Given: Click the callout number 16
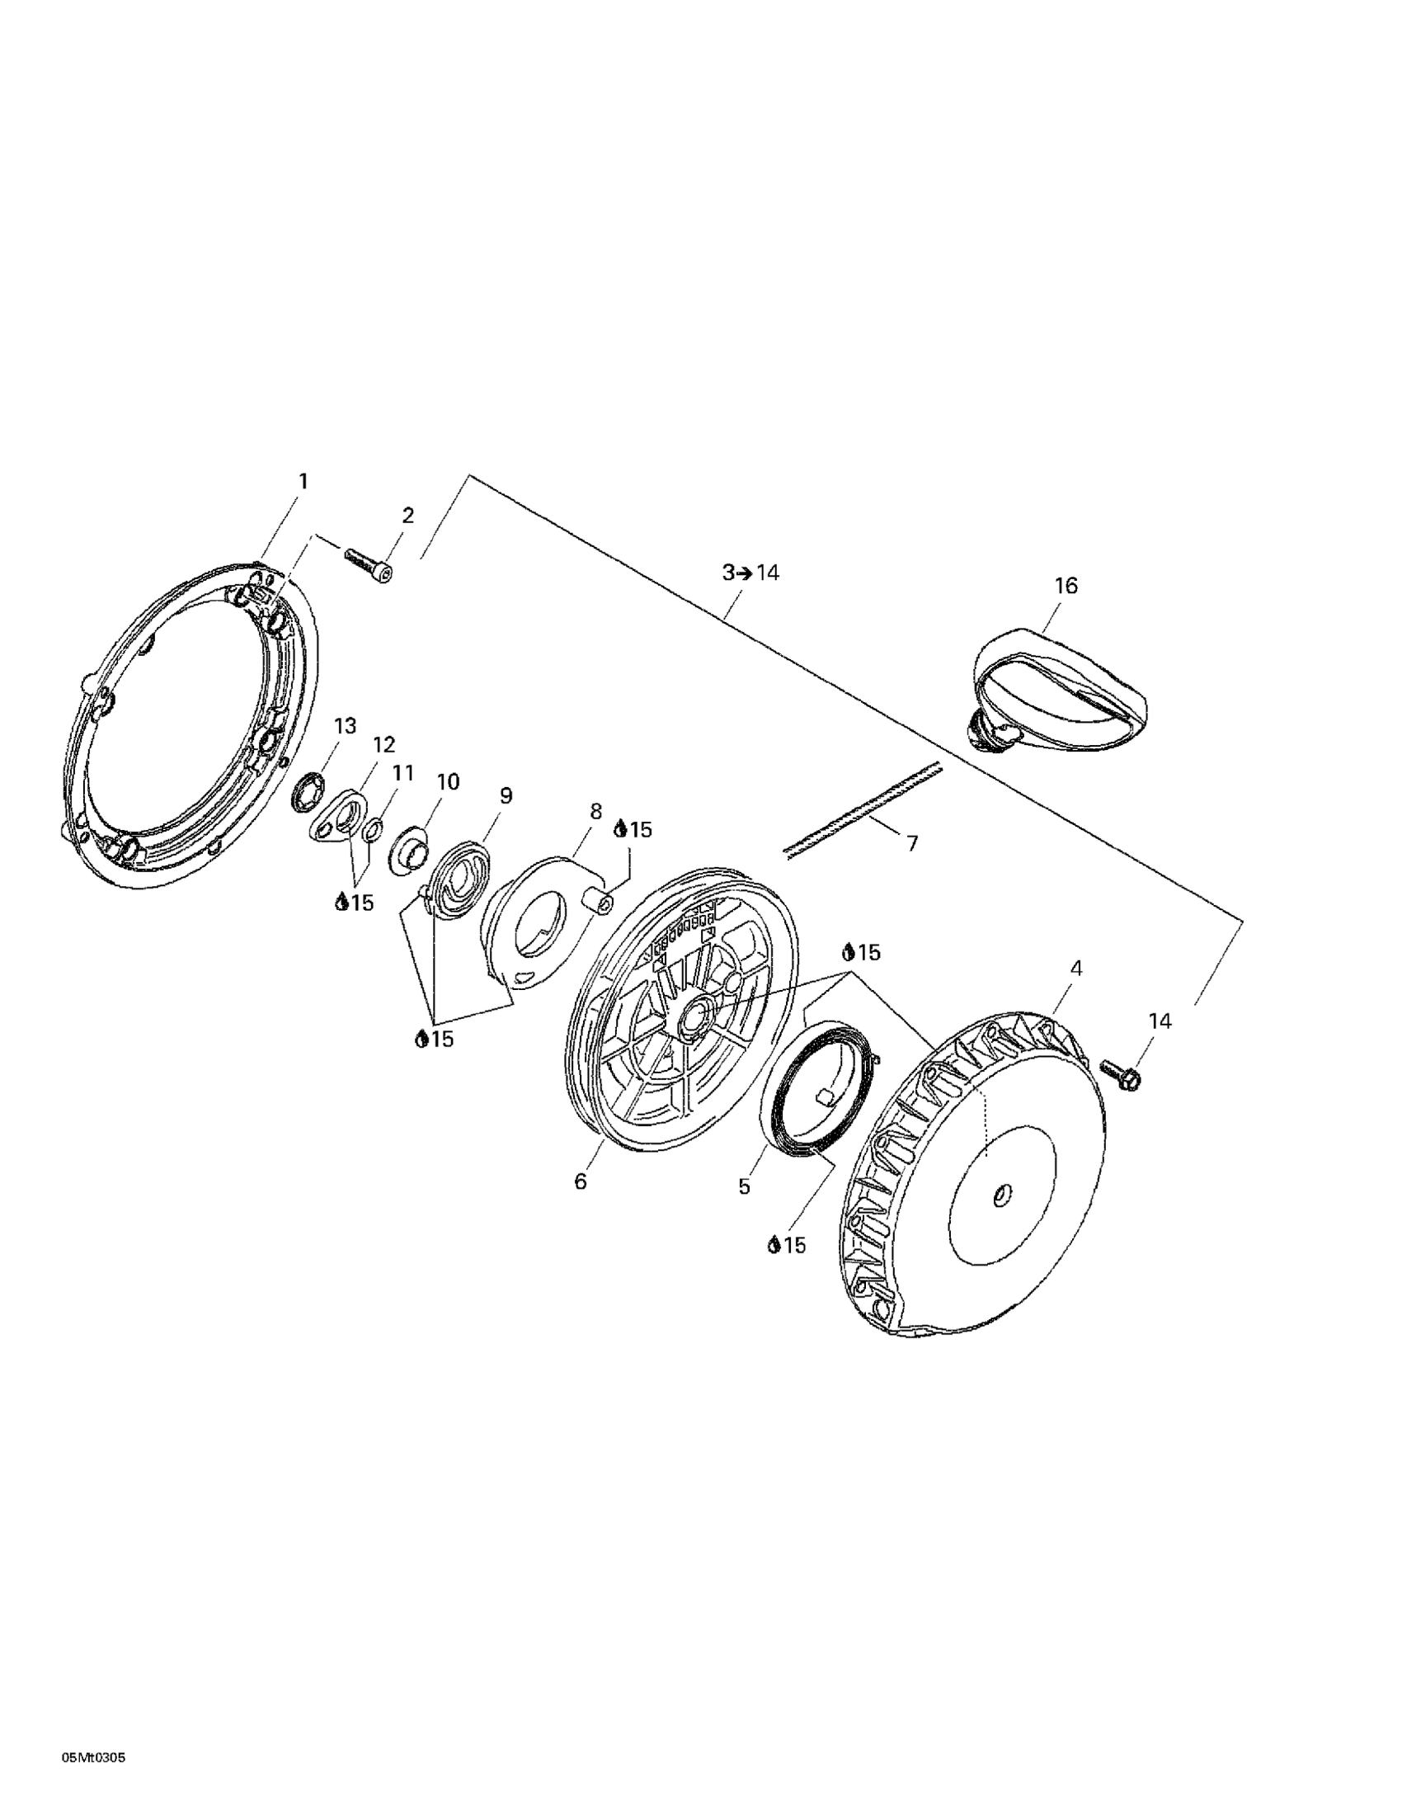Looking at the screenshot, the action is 1066,586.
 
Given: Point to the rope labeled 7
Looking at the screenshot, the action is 861,807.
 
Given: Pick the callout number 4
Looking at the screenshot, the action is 1076,969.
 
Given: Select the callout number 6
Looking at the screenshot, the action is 581,1181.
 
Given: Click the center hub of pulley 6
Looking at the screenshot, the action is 692,1018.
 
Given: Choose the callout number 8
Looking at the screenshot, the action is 595,811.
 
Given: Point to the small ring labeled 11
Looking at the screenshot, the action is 374,830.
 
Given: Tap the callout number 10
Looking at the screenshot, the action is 447,781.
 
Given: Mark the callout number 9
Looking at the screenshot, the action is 506,796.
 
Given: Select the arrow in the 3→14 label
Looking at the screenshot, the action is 744,573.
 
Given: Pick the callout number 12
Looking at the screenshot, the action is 384,744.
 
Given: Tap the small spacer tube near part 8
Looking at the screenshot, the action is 596,899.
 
